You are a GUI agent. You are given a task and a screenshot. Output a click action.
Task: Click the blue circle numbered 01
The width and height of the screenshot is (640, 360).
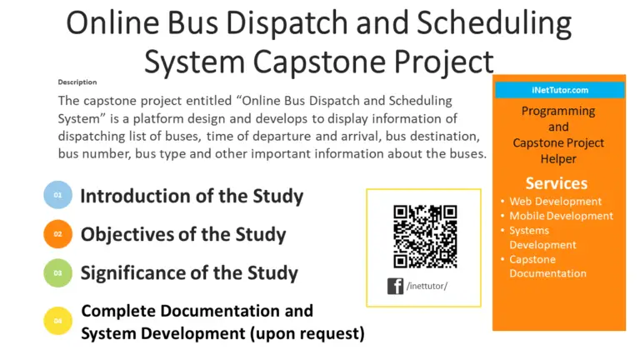tap(58, 196)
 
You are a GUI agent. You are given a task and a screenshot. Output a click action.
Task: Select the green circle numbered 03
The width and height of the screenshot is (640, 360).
tap(58, 273)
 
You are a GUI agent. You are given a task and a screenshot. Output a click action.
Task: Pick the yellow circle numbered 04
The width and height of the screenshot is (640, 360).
tap(58, 321)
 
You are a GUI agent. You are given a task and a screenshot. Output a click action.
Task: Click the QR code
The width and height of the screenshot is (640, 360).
tap(424, 237)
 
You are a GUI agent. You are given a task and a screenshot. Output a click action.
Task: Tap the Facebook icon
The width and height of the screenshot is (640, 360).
tap(396, 287)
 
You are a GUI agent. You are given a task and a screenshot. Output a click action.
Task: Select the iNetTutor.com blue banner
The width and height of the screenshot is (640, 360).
tap(558, 90)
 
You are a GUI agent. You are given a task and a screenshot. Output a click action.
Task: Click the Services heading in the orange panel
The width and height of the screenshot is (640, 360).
tap(556, 182)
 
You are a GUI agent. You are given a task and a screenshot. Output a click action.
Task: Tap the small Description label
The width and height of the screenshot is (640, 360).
tap(77, 82)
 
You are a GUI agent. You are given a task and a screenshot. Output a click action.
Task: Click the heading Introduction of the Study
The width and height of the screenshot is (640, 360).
tap(192, 197)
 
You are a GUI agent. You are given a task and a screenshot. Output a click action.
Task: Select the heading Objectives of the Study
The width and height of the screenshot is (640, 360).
tap(183, 235)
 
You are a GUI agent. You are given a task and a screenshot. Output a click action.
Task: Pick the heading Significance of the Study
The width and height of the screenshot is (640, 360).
tap(189, 273)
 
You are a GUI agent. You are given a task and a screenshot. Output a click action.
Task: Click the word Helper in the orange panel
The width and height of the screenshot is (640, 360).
tap(558, 158)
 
